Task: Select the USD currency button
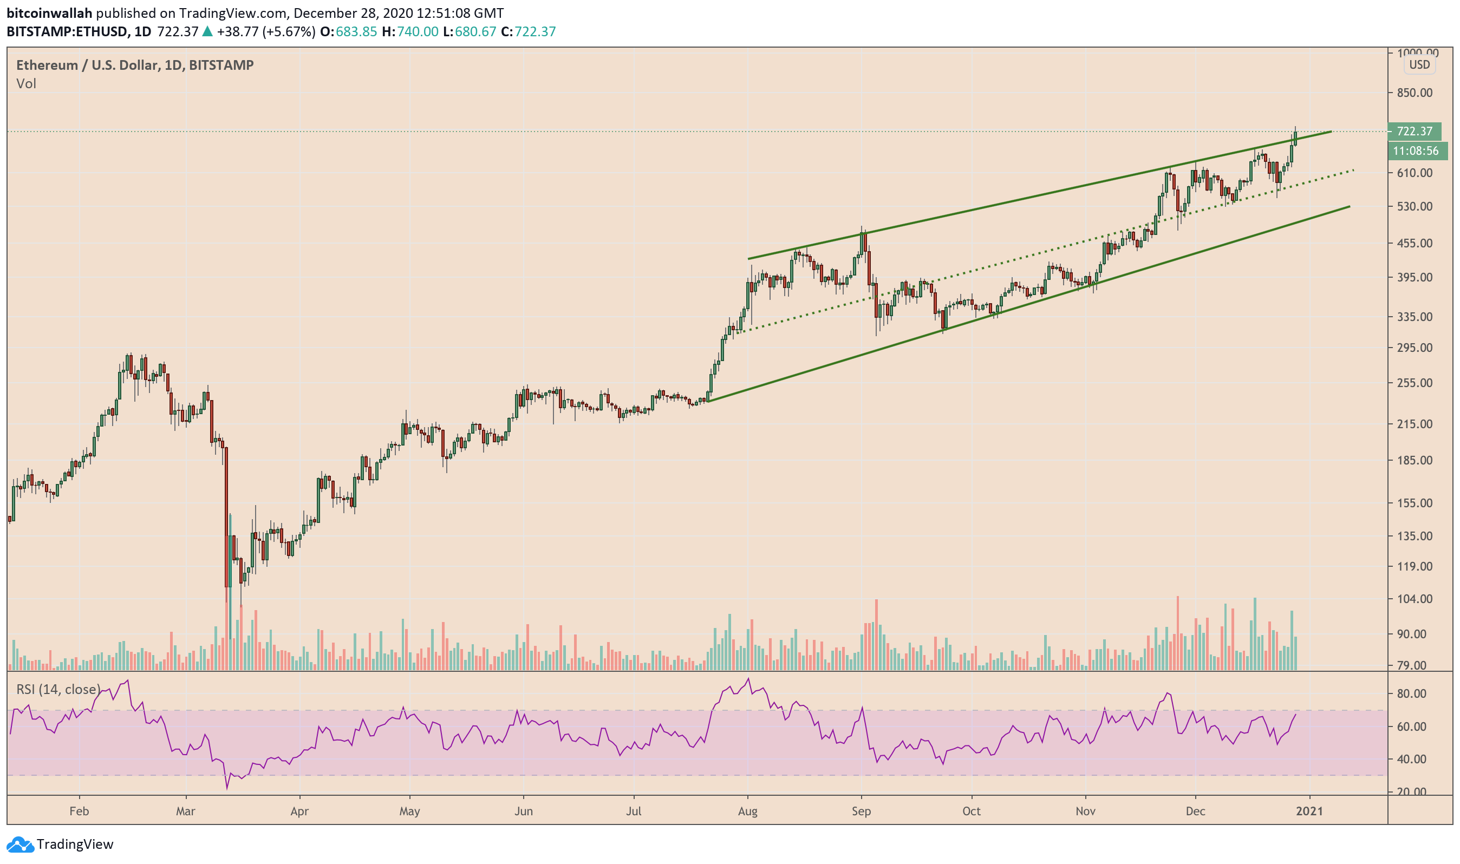pyautogui.click(x=1419, y=64)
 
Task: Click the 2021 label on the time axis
pyautogui.click(x=1309, y=811)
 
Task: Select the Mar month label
pyautogui.click(x=185, y=811)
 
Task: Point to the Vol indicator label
pyautogui.click(x=26, y=84)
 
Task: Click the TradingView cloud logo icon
pyautogui.click(x=20, y=844)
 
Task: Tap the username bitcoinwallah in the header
pyautogui.click(x=49, y=13)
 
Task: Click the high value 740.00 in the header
pyautogui.click(x=418, y=31)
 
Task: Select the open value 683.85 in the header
pyautogui.click(x=356, y=31)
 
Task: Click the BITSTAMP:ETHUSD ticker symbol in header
pyautogui.click(x=67, y=31)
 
